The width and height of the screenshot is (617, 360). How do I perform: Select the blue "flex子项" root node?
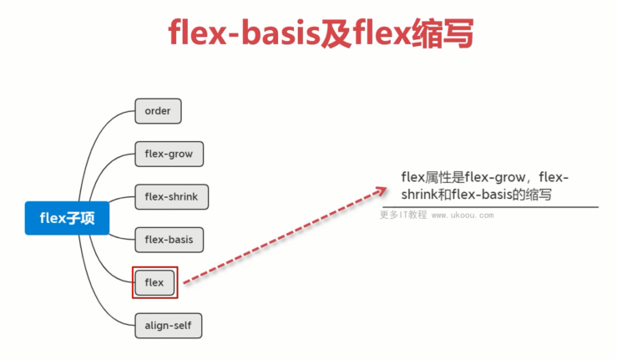click(x=67, y=218)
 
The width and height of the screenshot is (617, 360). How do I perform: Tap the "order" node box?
click(x=158, y=111)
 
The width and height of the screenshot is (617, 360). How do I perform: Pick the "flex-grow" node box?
click(x=169, y=154)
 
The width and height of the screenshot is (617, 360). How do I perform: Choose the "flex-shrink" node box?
click(x=171, y=197)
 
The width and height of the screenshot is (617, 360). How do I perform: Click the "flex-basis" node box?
click(x=169, y=240)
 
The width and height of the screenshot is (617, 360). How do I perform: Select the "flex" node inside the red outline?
click(x=154, y=282)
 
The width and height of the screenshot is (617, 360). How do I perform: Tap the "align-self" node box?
click(x=169, y=326)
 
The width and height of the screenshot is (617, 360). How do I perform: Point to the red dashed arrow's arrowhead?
click(x=380, y=191)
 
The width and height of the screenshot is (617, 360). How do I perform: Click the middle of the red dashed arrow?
click(x=286, y=236)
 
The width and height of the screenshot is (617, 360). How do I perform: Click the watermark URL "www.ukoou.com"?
click(x=463, y=215)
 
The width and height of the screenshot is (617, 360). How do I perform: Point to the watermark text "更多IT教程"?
click(x=403, y=215)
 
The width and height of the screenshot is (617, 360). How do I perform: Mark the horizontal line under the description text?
click(x=490, y=207)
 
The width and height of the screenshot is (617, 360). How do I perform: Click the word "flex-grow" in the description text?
click(x=494, y=178)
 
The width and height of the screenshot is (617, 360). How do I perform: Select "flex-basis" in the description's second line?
click(x=483, y=194)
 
